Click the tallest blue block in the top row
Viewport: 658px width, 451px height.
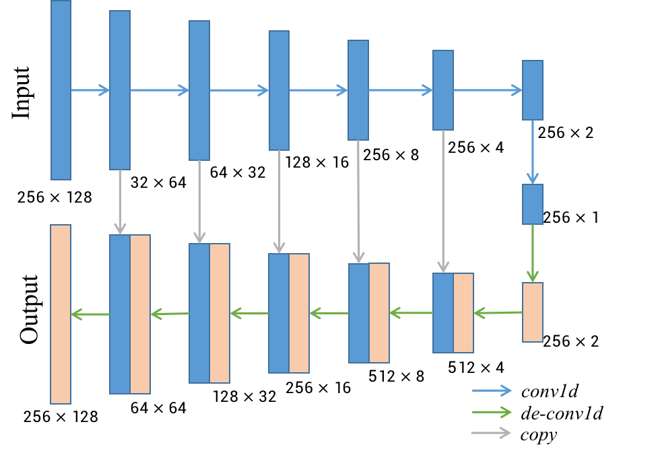[x=61, y=90]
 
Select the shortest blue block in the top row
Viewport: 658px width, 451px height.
[x=532, y=90]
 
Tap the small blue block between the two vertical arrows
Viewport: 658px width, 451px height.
[x=532, y=204]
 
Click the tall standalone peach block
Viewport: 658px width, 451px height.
[x=61, y=314]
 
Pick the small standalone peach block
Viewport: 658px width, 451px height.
[x=532, y=312]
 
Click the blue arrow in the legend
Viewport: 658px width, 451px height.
[x=492, y=390]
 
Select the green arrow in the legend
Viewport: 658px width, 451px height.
[x=492, y=412]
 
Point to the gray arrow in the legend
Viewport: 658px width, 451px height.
[x=491, y=433]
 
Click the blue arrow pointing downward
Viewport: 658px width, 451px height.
[x=532, y=152]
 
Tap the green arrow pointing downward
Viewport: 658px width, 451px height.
[x=532, y=253]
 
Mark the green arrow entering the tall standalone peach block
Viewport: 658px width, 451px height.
[x=90, y=314]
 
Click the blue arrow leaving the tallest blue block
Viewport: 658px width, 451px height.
[x=90, y=90]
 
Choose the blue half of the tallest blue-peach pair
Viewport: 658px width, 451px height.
[x=120, y=314]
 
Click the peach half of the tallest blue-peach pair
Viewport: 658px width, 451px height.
[x=140, y=314]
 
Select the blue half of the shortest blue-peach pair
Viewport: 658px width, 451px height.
[x=443, y=313]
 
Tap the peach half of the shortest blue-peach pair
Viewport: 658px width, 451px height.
[x=463, y=313]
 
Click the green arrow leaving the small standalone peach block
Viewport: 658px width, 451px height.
[x=498, y=313]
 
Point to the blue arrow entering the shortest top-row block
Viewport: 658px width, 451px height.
[x=488, y=90]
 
